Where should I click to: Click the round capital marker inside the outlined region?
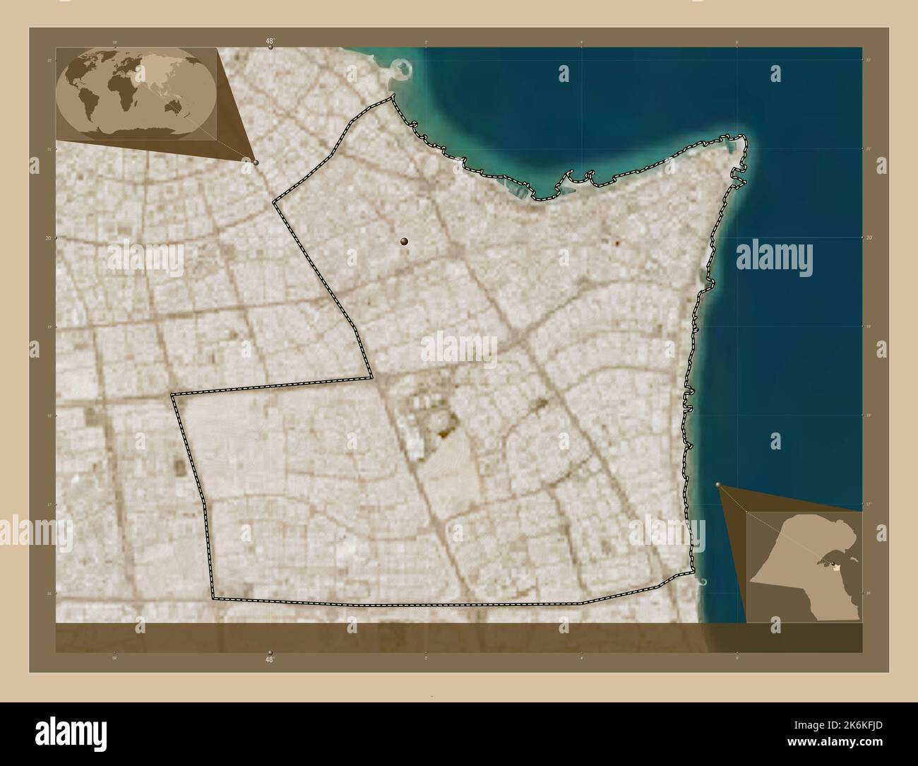(x=404, y=242)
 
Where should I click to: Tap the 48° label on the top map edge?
(x=270, y=42)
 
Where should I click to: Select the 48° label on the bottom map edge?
(x=270, y=659)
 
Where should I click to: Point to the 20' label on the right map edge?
(x=869, y=238)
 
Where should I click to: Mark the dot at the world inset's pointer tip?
(x=256, y=163)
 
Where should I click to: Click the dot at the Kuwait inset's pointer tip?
(x=718, y=485)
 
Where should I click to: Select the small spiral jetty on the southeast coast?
(x=703, y=581)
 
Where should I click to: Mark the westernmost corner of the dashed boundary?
(x=172, y=395)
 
